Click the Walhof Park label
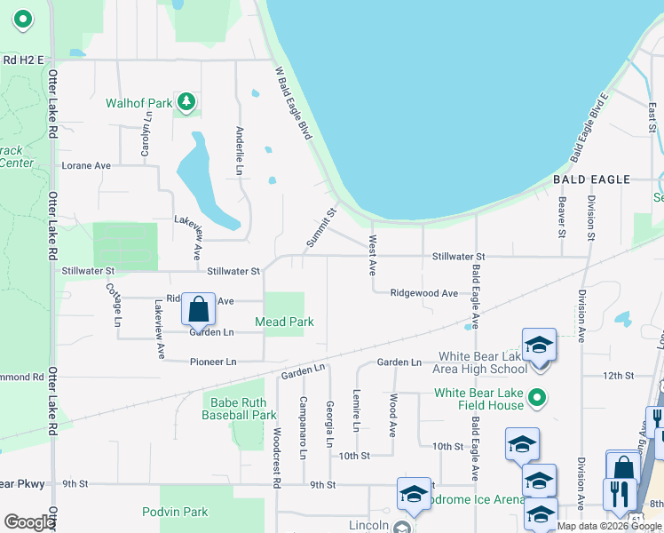[138, 103]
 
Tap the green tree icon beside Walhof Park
[186, 103]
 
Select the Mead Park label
[284, 322]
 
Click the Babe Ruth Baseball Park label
[239, 408]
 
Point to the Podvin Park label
[175, 512]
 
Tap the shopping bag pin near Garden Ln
[199, 310]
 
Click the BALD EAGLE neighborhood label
[591, 179]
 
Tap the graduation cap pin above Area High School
[538, 345]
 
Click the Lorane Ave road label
[86, 165]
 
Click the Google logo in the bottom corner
[29, 522]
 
